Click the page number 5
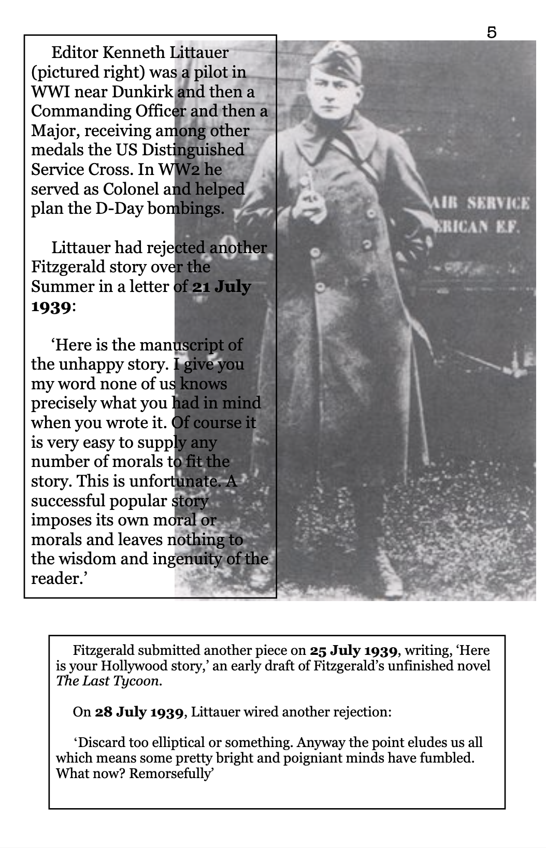tap(492, 32)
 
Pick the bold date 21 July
tap(221, 286)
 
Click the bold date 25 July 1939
tap(354, 650)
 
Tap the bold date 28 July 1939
tap(139, 712)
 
